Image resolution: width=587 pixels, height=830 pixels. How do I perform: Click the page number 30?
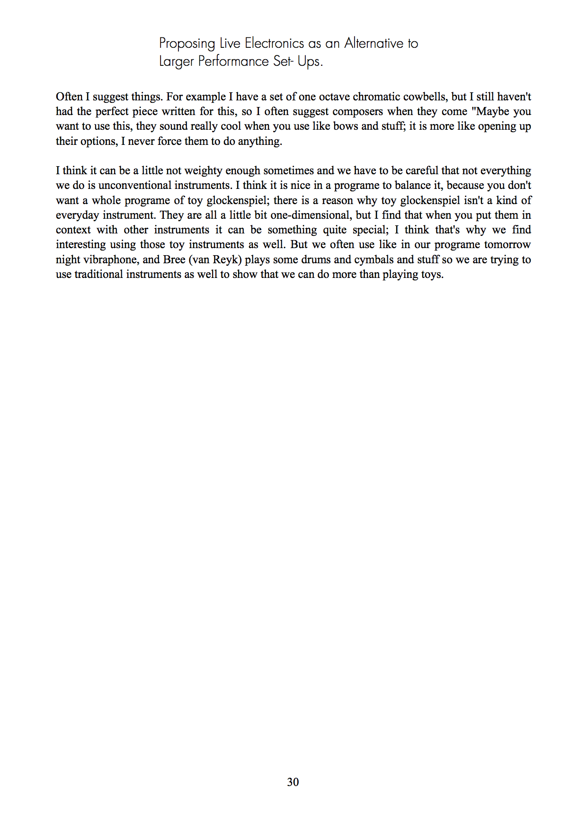point(293,782)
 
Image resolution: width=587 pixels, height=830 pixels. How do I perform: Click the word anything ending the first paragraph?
point(260,141)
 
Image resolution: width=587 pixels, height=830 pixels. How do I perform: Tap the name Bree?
point(174,259)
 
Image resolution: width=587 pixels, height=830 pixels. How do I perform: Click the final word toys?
point(432,274)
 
